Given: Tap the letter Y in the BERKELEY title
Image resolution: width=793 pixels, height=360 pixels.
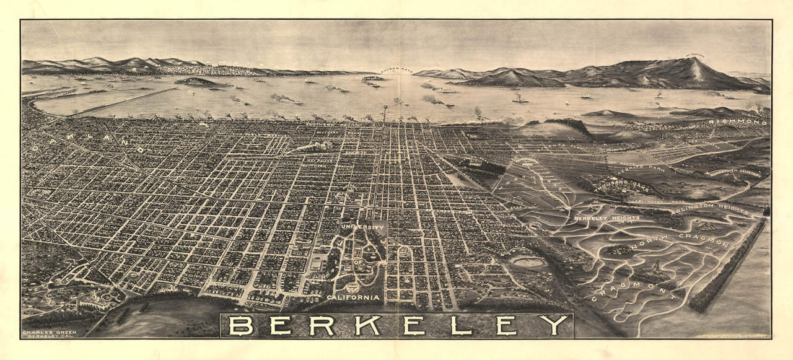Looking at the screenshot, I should coord(553,325).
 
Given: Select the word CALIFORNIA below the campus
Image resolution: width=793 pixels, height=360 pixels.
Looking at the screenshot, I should coord(353,297).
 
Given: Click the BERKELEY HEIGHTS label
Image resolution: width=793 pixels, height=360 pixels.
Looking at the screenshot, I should coord(598,219).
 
